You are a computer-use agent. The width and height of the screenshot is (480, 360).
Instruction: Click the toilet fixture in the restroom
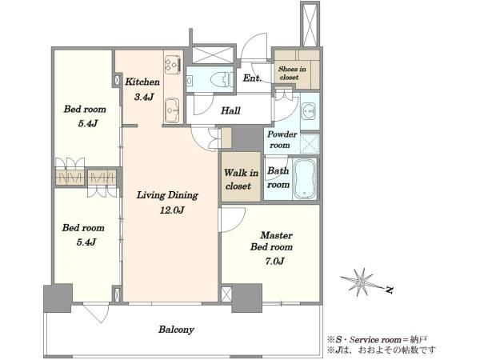click(x=220, y=81)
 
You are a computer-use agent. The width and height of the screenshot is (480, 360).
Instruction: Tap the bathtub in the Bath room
click(x=305, y=178)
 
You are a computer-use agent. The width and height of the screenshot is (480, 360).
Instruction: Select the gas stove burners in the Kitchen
click(x=172, y=64)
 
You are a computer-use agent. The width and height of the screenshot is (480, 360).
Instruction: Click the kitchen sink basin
click(x=172, y=110)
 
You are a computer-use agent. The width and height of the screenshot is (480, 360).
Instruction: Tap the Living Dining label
click(x=167, y=195)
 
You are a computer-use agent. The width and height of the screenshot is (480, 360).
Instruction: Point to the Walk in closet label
click(x=241, y=179)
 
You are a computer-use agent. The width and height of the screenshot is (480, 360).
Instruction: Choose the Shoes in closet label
click(x=292, y=73)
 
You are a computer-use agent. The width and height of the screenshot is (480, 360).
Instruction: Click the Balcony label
click(x=176, y=330)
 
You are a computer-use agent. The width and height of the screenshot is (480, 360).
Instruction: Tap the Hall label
click(x=231, y=110)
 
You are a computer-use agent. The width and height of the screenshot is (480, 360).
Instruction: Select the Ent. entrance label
click(x=252, y=78)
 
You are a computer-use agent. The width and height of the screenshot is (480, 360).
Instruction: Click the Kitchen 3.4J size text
click(x=144, y=97)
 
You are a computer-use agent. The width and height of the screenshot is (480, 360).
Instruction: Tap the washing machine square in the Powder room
click(x=310, y=143)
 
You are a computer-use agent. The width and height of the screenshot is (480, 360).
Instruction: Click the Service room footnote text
click(x=377, y=339)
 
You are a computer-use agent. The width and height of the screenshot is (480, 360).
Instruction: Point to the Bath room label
click(x=278, y=178)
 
